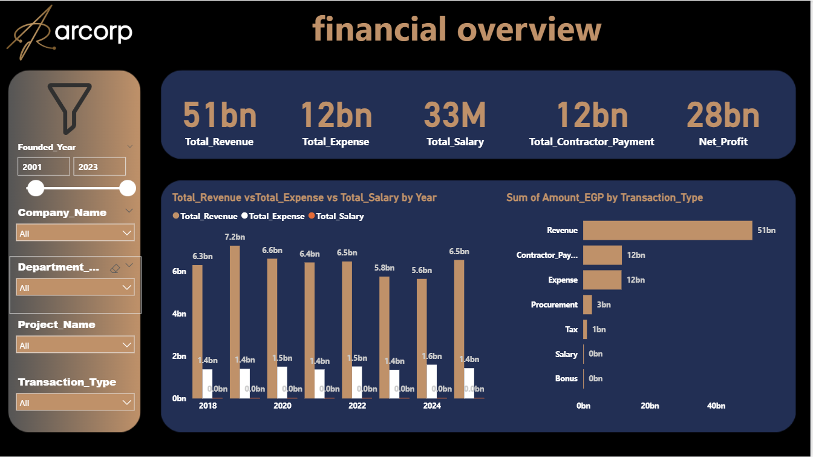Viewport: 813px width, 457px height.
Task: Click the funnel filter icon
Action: click(70, 108)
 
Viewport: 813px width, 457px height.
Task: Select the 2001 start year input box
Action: click(44, 166)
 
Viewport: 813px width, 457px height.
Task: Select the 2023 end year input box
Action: click(99, 166)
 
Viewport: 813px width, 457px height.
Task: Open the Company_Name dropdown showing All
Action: click(75, 233)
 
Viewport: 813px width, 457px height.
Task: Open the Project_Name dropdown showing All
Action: click(75, 345)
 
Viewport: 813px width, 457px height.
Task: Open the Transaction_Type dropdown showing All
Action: click(75, 403)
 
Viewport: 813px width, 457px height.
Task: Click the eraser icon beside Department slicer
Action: click(116, 268)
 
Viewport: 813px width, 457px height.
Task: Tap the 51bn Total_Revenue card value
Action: click(220, 115)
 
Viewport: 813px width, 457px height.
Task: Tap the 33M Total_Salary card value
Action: click(455, 115)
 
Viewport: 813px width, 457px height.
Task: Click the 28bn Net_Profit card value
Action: click(723, 115)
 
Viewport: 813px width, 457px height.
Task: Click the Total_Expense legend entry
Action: click(273, 216)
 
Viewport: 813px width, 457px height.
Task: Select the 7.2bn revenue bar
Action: click(235, 321)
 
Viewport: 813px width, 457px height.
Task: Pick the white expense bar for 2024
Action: click(432, 381)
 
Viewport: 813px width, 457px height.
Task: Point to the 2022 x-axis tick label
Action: click(357, 406)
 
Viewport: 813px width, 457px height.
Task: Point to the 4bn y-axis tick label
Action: click(179, 314)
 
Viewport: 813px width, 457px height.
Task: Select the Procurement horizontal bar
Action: click(587, 304)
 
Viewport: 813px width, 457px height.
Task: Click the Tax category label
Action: click(571, 329)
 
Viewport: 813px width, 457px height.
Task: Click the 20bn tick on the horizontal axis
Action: click(650, 406)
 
